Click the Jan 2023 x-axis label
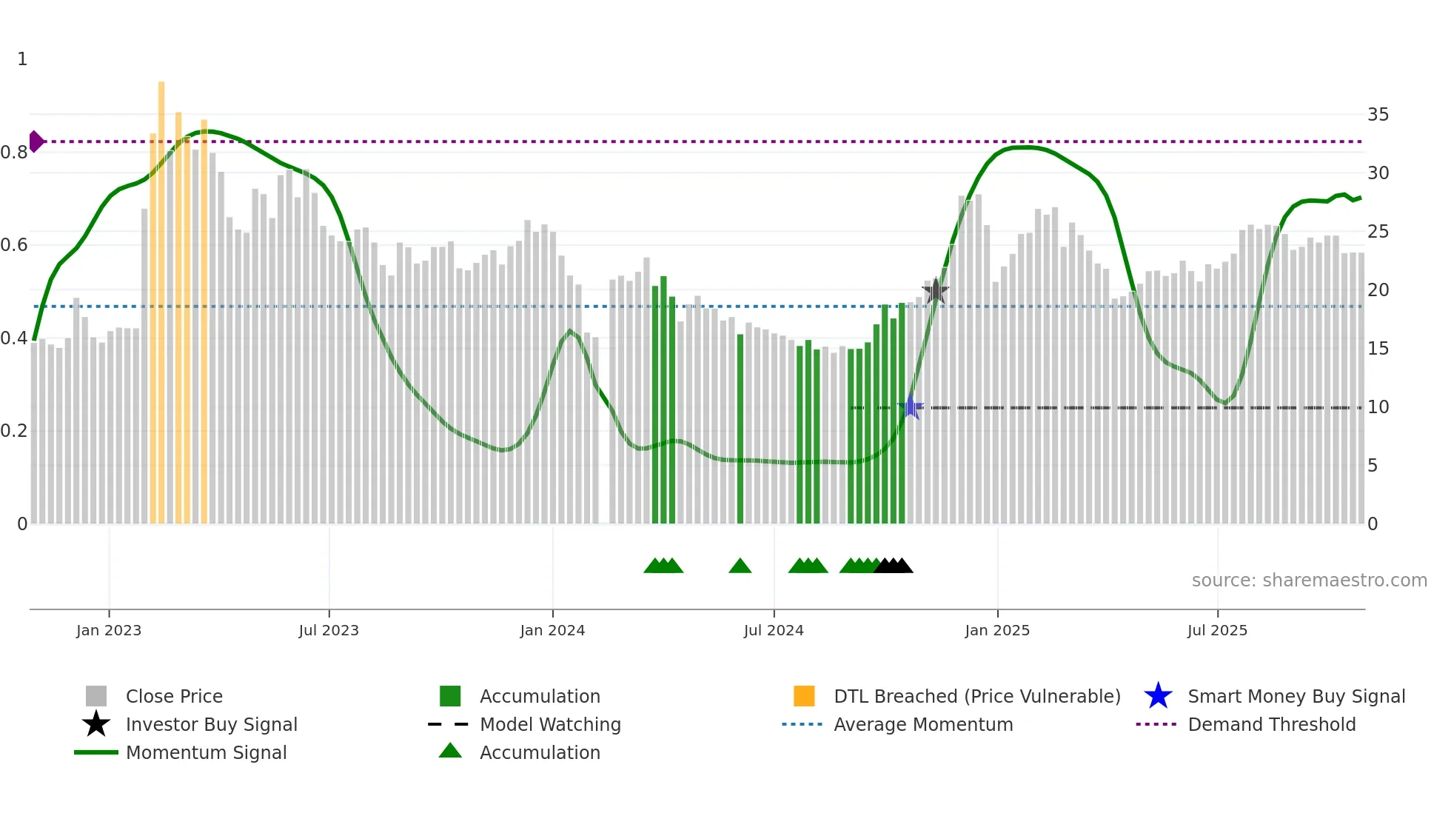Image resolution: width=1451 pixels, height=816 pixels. tap(109, 630)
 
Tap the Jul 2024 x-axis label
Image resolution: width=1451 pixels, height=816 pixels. tap(774, 630)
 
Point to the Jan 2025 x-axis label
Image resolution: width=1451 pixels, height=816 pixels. tap(997, 630)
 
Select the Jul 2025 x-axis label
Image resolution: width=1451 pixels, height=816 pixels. tap(1217, 630)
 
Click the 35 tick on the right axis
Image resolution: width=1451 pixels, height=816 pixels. tap(1378, 115)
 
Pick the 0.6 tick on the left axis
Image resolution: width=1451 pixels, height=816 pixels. tap(14, 245)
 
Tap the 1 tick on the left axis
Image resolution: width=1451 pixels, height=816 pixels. tap(22, 59)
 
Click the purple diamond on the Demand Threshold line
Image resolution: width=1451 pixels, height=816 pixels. tap(36, 141)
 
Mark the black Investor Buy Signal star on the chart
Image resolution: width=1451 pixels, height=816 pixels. tap(936, 291)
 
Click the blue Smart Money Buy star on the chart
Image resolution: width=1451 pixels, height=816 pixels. tap(911, 407)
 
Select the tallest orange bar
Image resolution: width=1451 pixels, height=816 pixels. tap(161, 296)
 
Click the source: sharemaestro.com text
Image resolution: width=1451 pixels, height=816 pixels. tap(1309, 581)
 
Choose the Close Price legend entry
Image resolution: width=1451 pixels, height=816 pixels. tap(174, 696)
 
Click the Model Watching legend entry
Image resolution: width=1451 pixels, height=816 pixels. tap(550, 724)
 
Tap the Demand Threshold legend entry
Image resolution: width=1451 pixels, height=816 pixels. tap(1271, 724)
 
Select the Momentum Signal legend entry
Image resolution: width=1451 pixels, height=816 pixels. tap(206, 752)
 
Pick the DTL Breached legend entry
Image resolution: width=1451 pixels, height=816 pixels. tap(976, 696)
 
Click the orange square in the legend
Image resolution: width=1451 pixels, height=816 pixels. tap(804, 696)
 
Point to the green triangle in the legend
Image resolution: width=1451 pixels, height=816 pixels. tap(450, 751)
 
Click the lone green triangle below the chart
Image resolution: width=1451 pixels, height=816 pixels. tap(740, 566)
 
